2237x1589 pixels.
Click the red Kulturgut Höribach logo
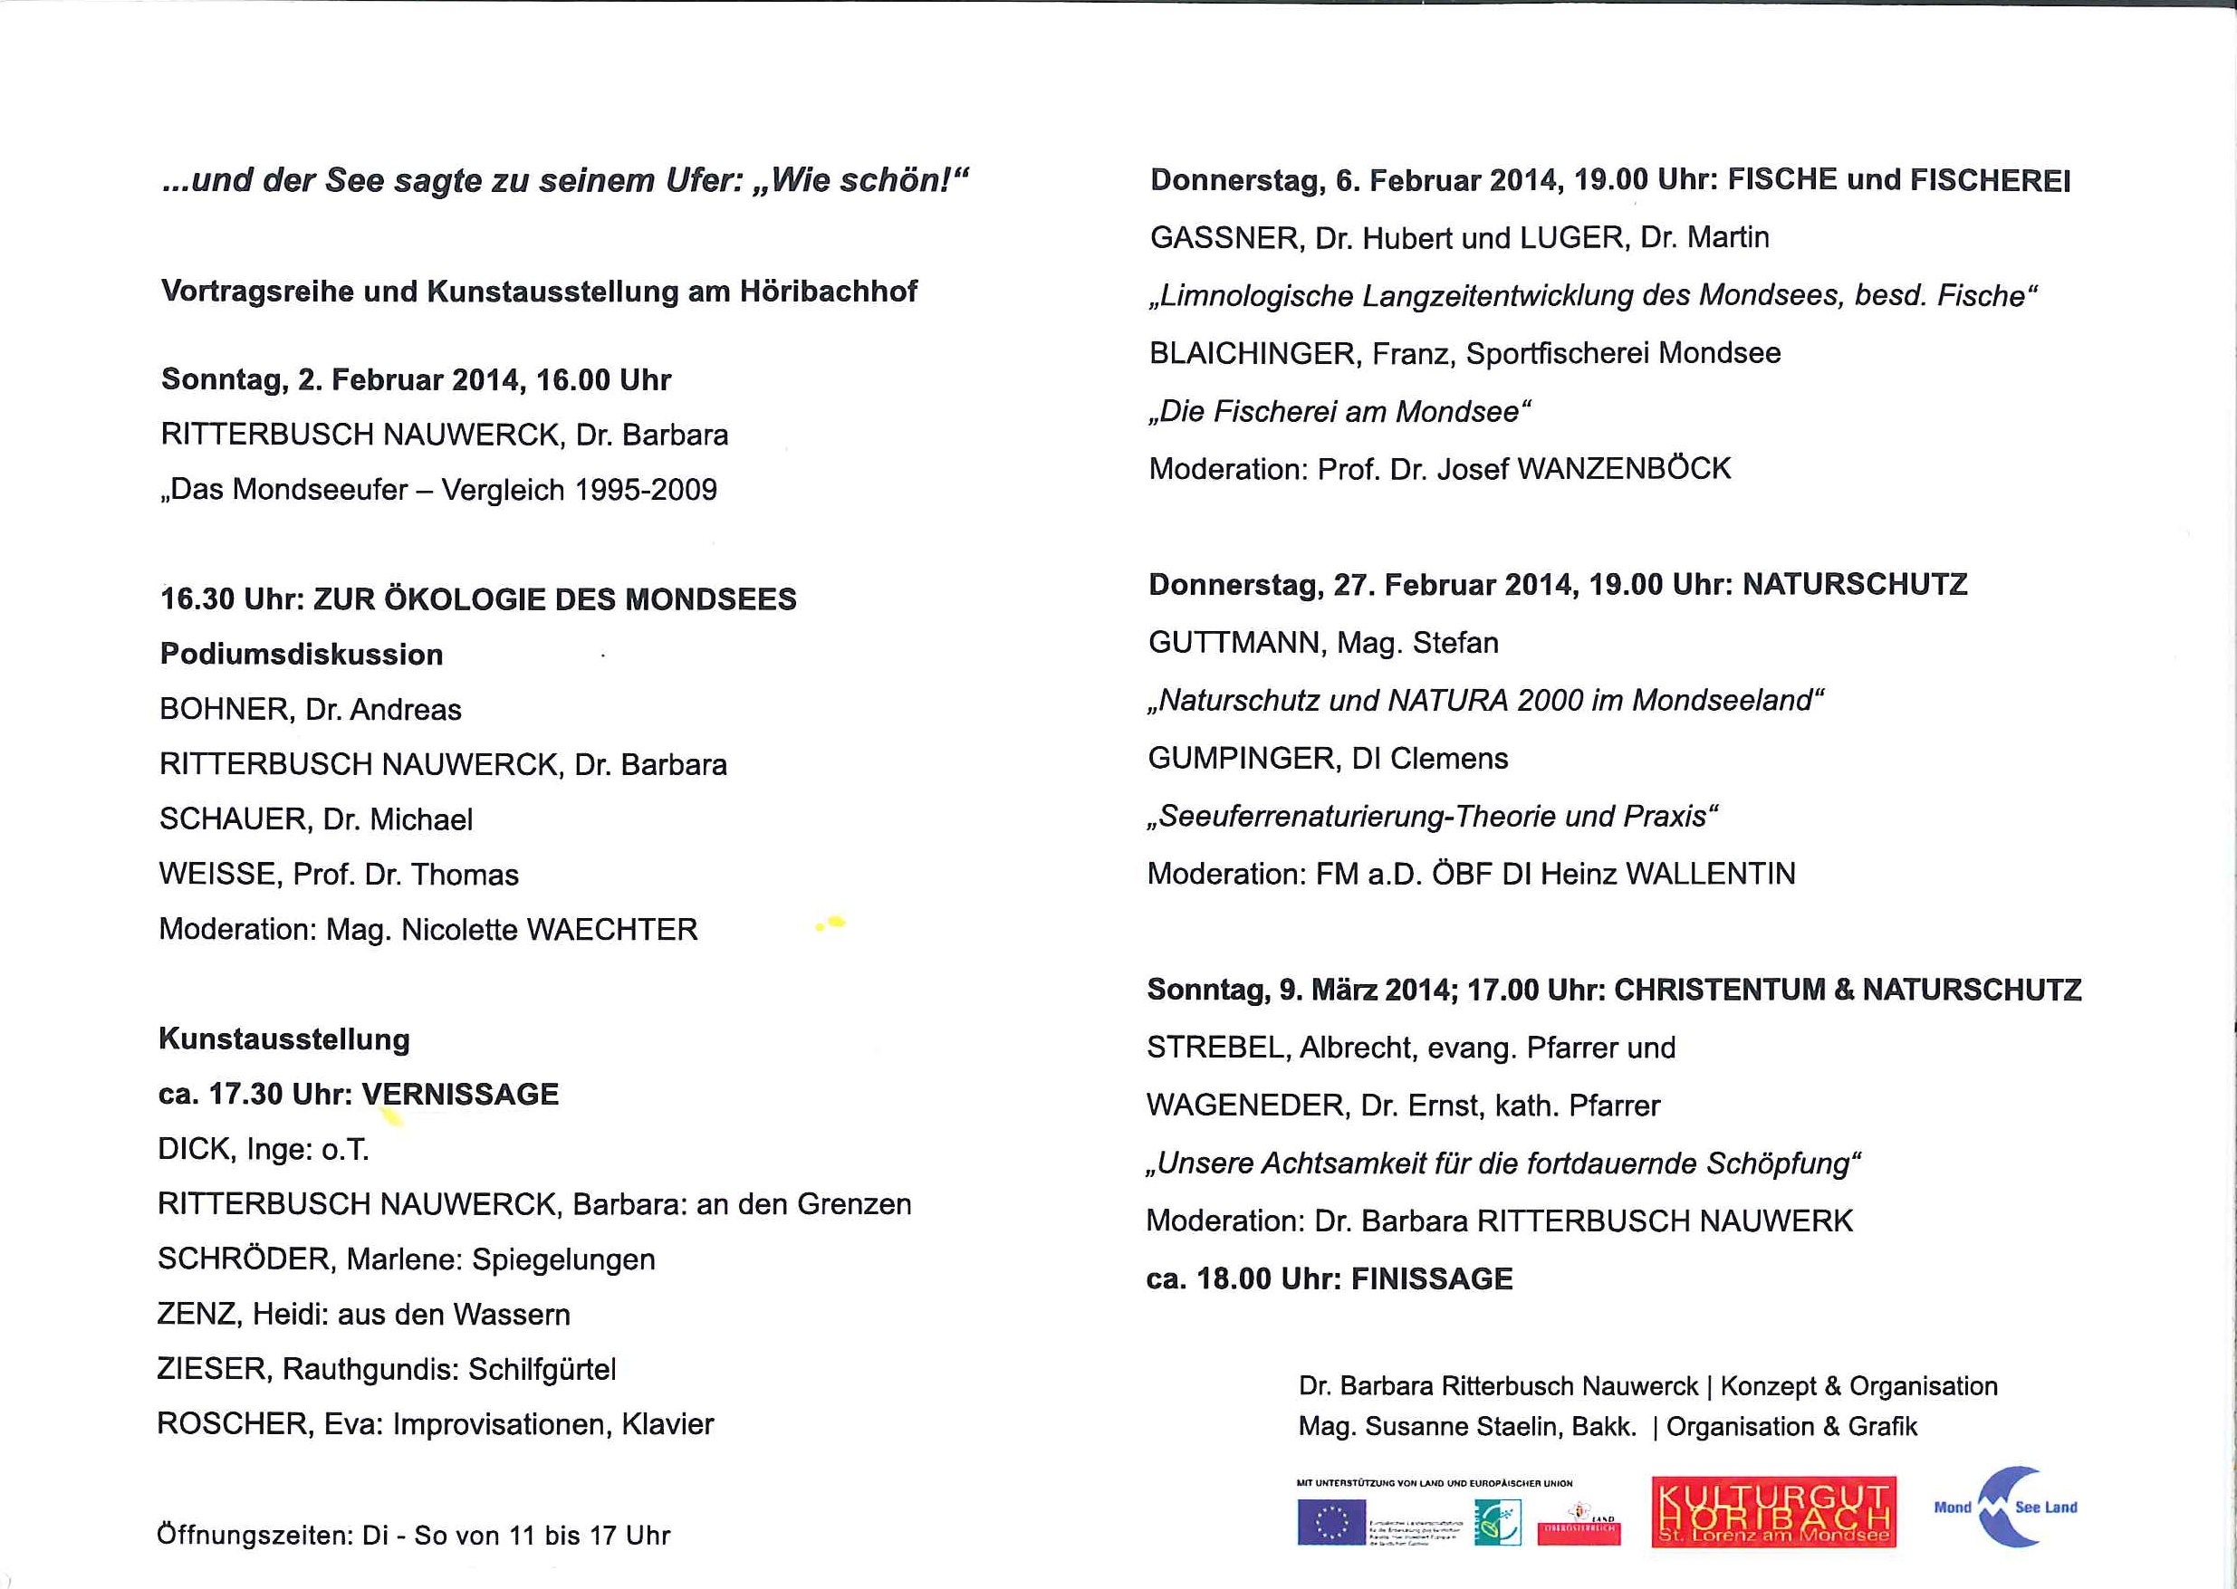tap(1773, 1512)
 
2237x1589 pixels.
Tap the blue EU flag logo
tap(1330, 1523)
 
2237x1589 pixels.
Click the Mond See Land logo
tap(2006, 1508)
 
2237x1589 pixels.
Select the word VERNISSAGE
tap(460, 1094)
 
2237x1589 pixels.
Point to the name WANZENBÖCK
tap(1624, 469)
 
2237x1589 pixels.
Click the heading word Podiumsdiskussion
tap(302, 654)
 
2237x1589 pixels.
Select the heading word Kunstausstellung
tap(283, 1039)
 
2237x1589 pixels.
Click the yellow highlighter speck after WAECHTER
tap(830, 922)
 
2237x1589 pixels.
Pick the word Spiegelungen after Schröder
tap(563, 1259)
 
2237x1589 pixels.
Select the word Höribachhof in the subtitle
tap(828, 292)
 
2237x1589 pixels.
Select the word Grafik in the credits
tap(1882, 1427)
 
